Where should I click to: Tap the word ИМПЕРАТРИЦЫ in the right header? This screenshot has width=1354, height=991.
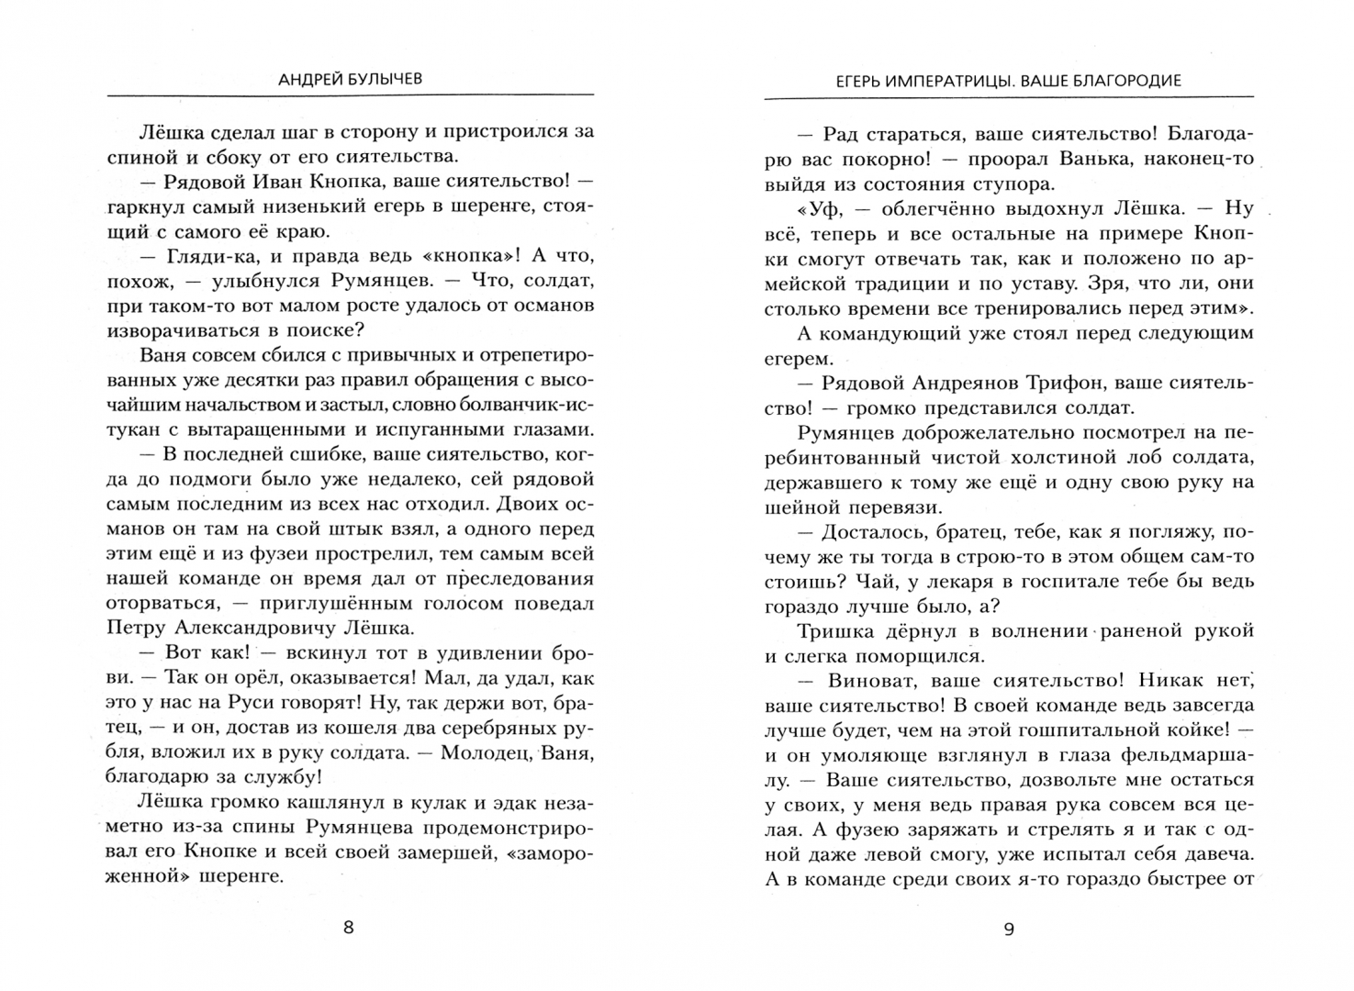coord(931,80)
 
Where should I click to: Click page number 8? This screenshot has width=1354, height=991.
coord(348,927)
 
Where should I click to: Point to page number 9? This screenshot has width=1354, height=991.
coord(1008,929)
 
